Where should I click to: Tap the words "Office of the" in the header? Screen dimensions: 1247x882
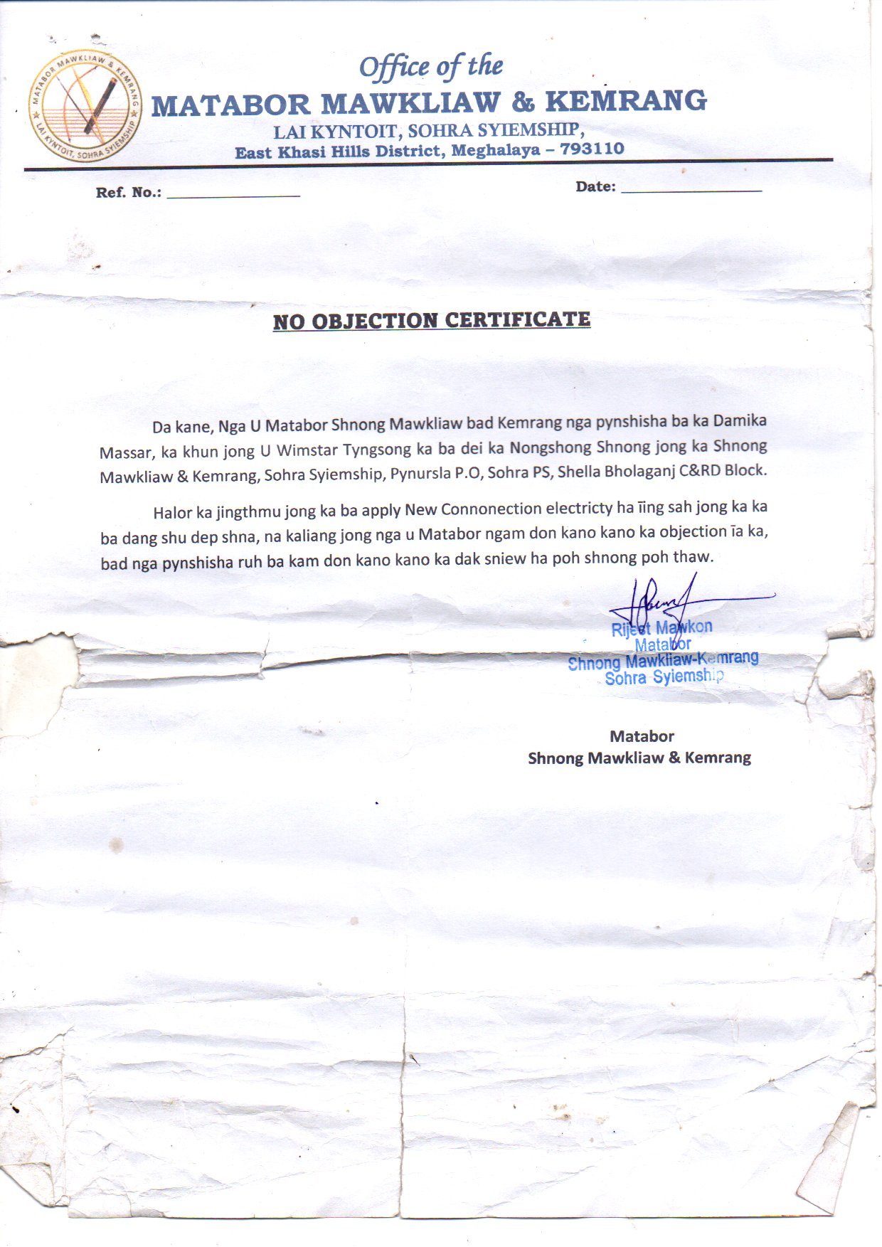coord(431,67)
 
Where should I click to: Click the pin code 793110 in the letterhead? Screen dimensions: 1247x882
coord(592,149)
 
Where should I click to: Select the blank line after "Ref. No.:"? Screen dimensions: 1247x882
coord(233,194)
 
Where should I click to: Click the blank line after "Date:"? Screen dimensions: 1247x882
coord(691,189)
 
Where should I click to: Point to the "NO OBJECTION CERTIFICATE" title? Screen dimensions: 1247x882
coord(432,321)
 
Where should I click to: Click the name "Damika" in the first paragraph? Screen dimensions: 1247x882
coord(740,420)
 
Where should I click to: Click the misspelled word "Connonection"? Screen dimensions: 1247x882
coord(492,509)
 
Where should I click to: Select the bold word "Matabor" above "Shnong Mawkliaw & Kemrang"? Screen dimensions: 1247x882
coord(642,736)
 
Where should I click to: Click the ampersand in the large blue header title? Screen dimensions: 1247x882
coord(523,102)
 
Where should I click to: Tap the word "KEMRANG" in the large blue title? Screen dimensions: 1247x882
coord(626,101)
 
